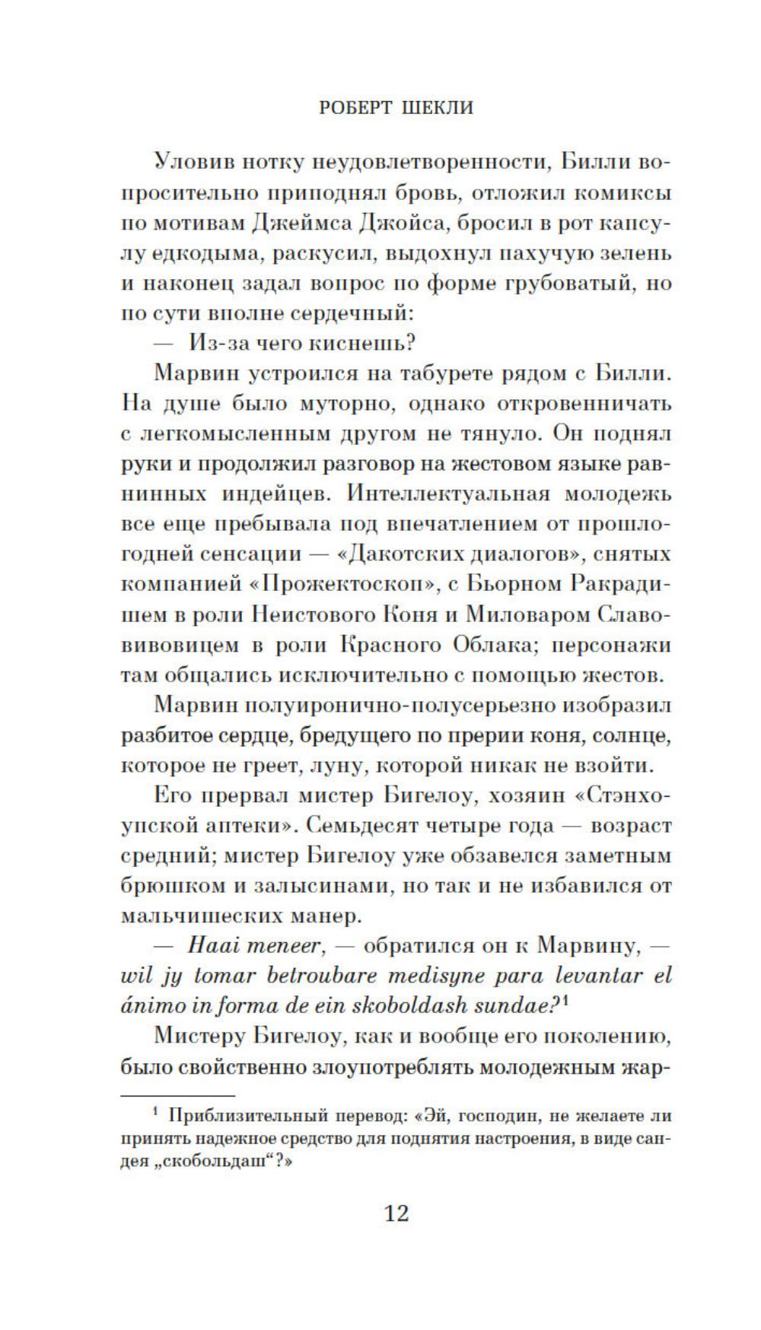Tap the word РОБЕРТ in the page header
[352, 108]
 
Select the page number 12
[396, 1212]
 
